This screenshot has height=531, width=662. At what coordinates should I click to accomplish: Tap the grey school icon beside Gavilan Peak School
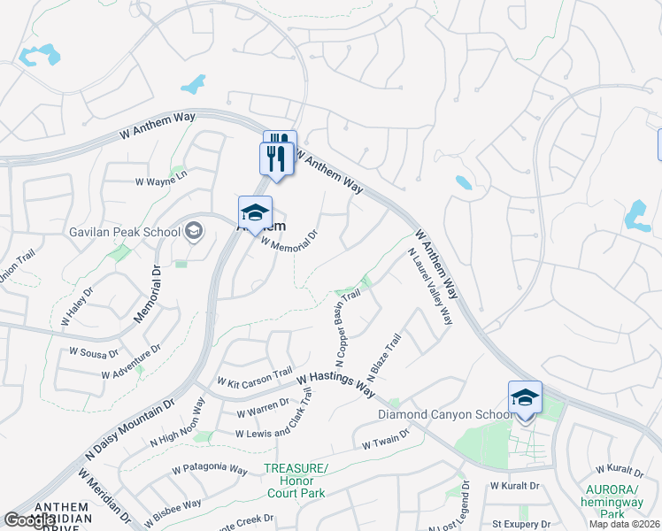click(x=193, y=232)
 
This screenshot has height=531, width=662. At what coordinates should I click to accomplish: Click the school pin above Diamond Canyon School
click(x=525, y=400)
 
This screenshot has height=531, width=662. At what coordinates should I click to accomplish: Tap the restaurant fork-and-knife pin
click(x=277, y=159)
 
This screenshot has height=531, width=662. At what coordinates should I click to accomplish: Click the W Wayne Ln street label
click(x=161, y=181)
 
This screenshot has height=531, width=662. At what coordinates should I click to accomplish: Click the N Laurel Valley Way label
click(x=431, y=286)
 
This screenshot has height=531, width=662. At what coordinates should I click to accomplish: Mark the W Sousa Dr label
click(x=94, y=353)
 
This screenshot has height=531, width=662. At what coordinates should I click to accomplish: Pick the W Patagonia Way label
click(x=210, y=468)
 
